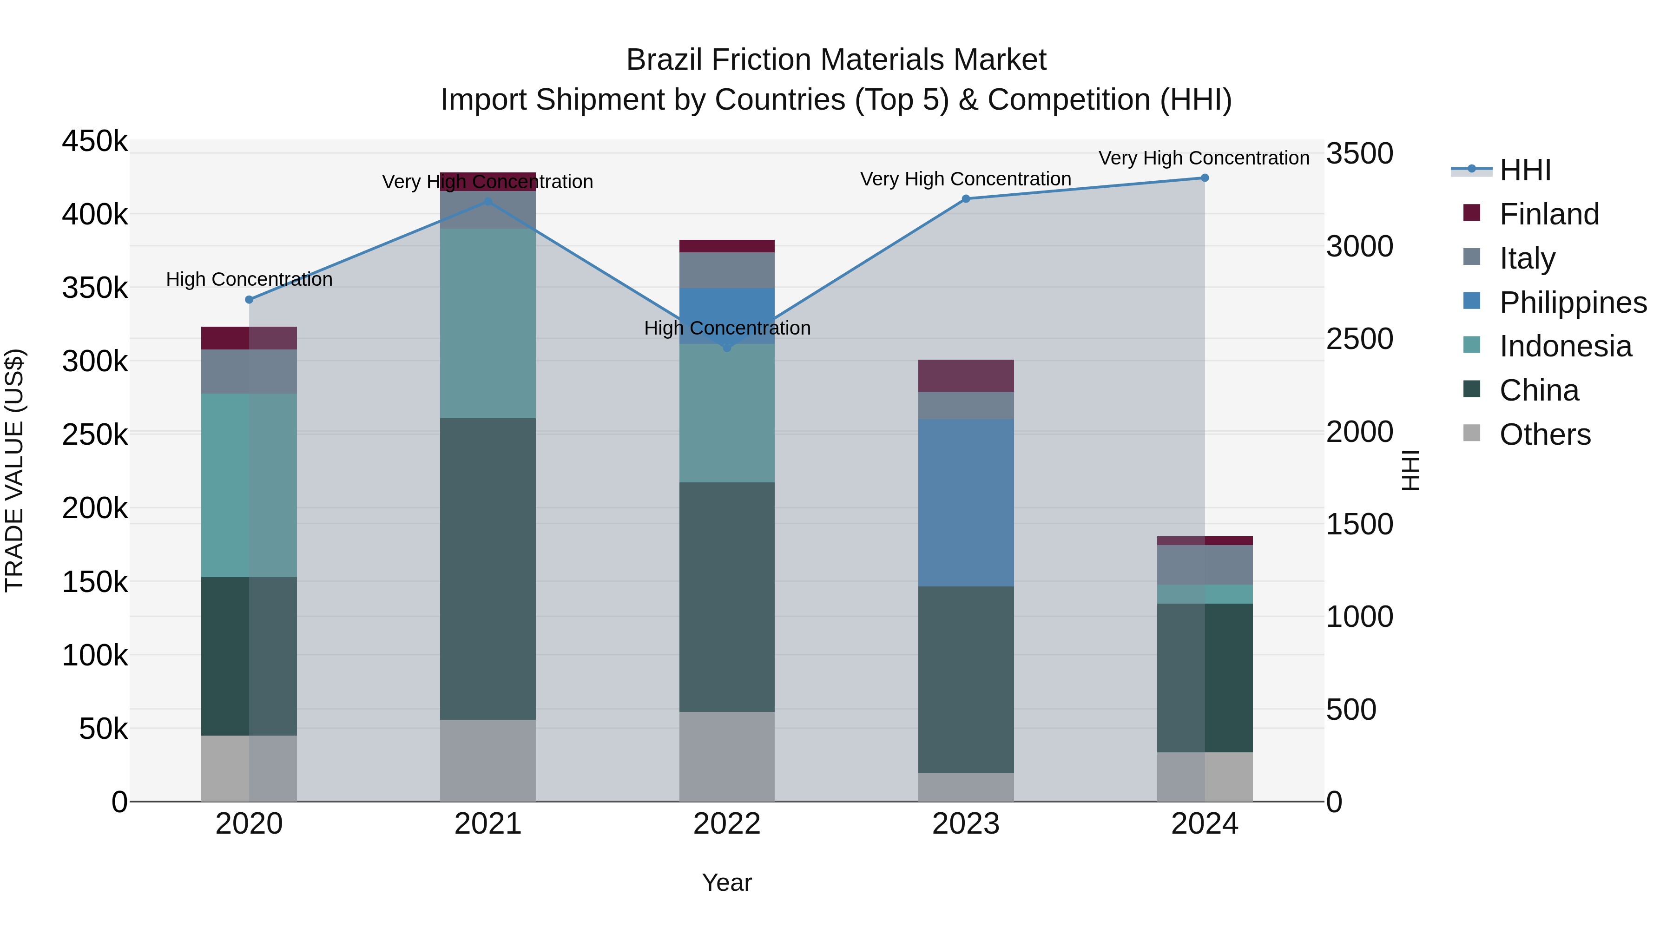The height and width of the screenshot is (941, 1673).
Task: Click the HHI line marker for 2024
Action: click(1204, 178)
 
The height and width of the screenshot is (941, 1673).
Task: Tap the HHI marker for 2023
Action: click(965, 199)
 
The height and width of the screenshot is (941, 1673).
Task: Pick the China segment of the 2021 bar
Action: click(488, 568)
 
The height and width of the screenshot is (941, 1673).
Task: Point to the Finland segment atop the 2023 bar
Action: click(965, 375)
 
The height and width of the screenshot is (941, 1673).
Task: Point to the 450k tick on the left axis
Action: click(95, 141)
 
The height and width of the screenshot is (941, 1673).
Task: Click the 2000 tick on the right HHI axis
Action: click(1359, 432)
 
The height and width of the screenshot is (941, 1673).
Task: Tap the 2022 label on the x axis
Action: click(727, 824)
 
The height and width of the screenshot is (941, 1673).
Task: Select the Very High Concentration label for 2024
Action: click(1204, 158)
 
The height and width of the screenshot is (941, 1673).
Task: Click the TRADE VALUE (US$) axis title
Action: click(14, 470)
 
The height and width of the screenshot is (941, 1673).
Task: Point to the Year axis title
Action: click(727, 882)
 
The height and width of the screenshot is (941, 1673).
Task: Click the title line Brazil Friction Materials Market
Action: click(836, 60)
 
